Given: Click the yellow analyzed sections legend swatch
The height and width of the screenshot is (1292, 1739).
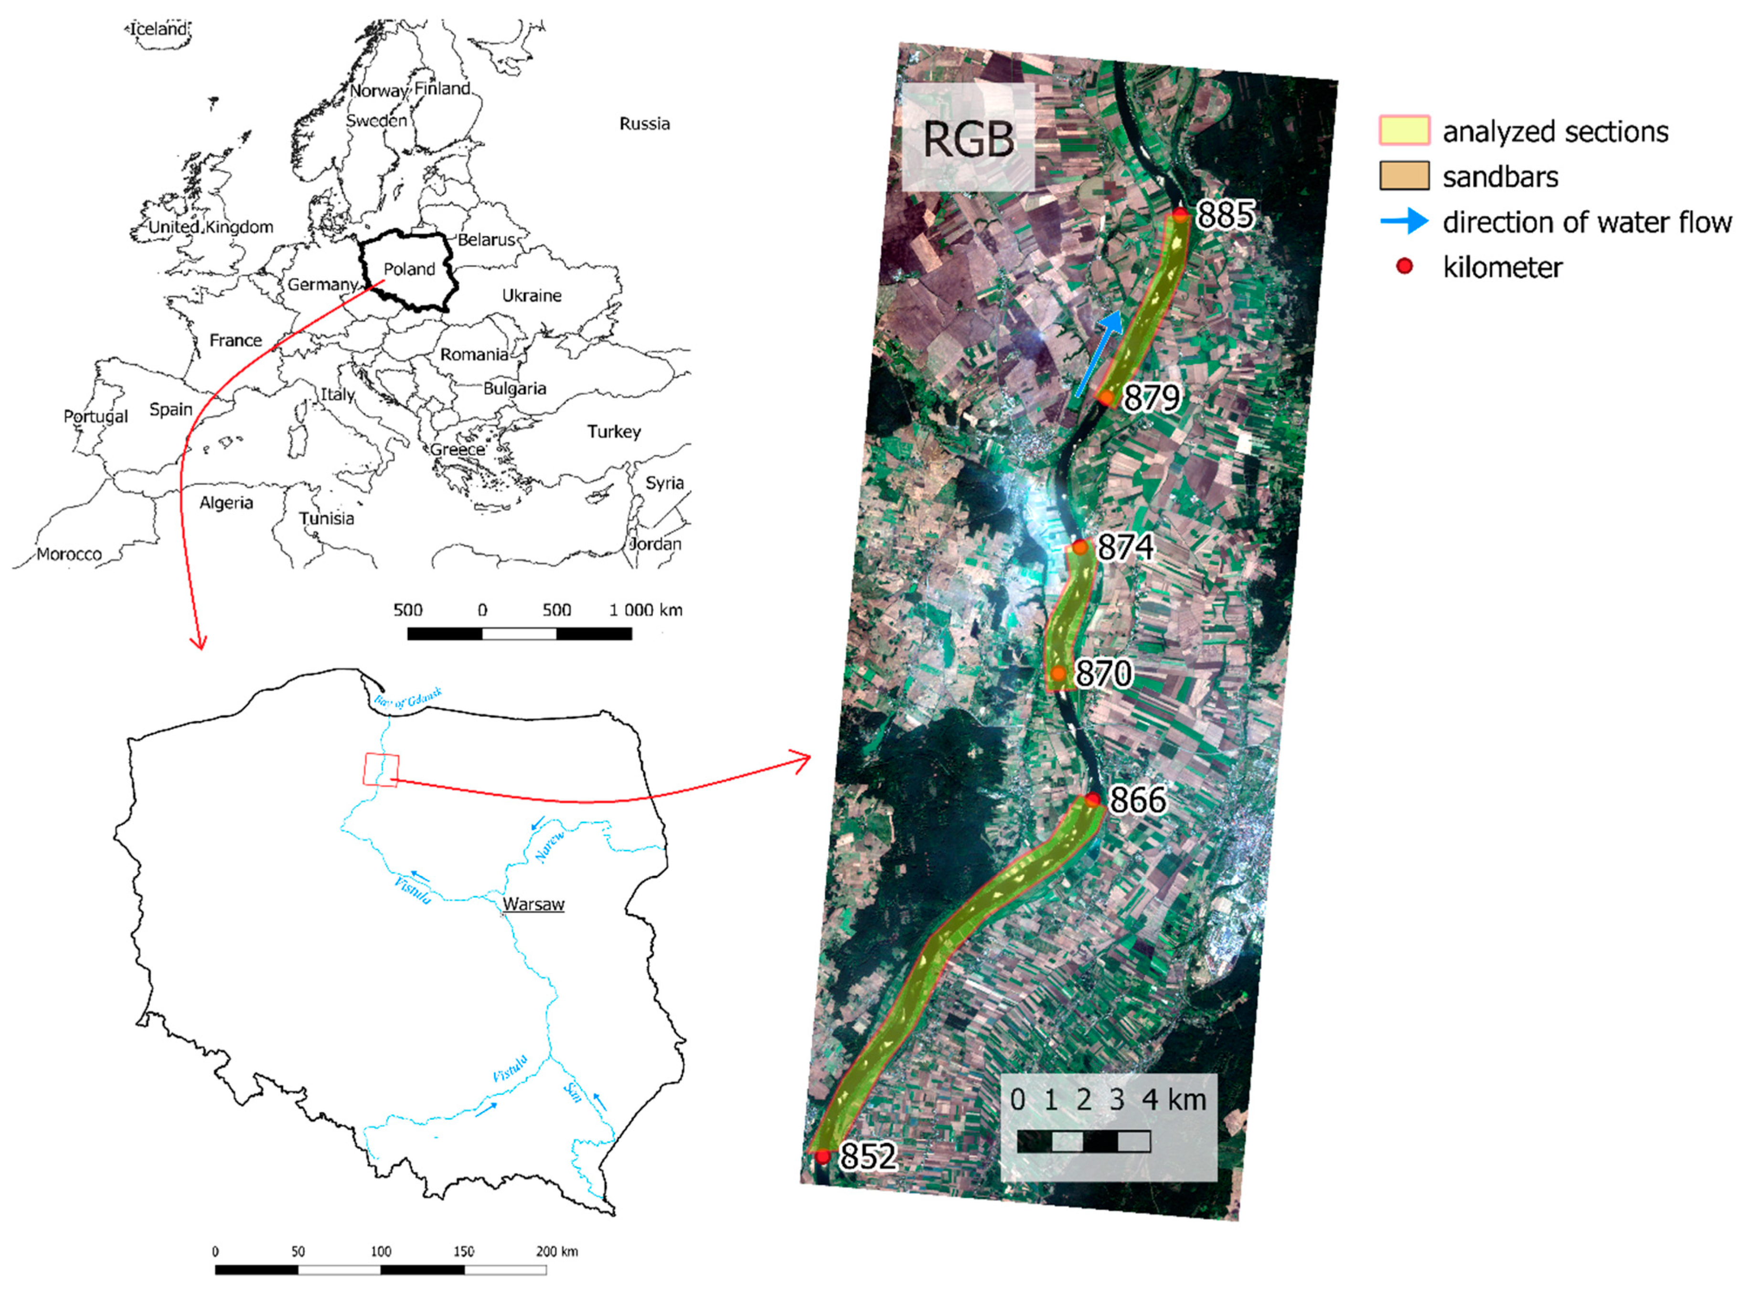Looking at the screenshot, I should tap(1404, 131).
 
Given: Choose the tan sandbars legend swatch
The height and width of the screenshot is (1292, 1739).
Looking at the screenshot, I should tap(1404, 176).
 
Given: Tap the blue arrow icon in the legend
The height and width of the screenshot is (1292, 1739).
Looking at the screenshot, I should tap(1404, 222).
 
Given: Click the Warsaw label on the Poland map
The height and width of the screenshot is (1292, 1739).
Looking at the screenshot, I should tap(533, 904).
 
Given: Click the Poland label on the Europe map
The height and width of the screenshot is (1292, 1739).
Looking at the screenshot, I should tap(409, 269).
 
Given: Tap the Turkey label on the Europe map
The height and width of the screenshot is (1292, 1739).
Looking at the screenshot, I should tap(614, 432).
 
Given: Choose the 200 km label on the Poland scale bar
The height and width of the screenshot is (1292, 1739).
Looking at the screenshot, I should tap(557, 1251).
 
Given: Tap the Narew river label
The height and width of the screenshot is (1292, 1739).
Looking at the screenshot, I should tap(549, 847).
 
